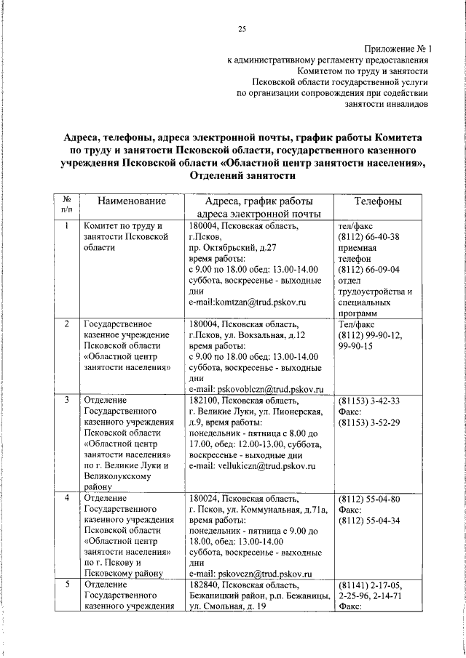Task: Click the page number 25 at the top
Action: click(242, 29)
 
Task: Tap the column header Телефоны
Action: click(377, 201)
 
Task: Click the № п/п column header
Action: click(66, 204)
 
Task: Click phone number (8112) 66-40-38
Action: click(368, 237)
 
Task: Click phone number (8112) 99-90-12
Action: click(370, 335)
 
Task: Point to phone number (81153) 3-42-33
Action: click(368, 401)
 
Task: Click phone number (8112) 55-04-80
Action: click(368, 499)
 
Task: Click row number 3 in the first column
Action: click(66, 401)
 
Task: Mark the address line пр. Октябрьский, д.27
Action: click(232, 248)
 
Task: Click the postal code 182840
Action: click(205, 585)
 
